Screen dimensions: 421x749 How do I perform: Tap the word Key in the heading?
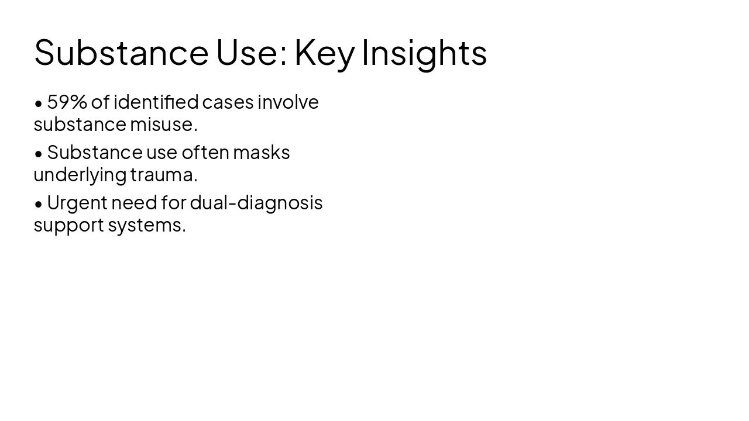pyautogui.click(x=324, y=52)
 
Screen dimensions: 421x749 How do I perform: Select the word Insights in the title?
pyautogui.click(x=424, y=52)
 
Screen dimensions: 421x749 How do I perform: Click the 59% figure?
pyautogui.click(x=67, y=102)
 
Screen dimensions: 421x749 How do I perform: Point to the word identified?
pyautogui.click(x=156, y=102)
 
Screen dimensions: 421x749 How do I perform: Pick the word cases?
pyautogui.click(x=228, y=102)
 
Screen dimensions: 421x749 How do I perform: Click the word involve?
pyautogui.click(x=288, y=102)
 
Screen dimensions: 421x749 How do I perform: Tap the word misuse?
pyautogui.click(x=163, y=124)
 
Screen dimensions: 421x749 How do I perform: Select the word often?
pyautogui.click(x=205, y=152)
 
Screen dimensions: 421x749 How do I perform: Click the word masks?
pyautogui.click(x=261, y=152)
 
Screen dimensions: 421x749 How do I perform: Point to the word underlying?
pyautogui.click(x=80, y=174)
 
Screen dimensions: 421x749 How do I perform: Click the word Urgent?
pyautogui.click(x=77, y=202)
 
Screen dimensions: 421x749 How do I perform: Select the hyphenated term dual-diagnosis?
pyautogui.click(x=256, y=202)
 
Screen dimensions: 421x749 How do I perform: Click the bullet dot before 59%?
pyautogui.click(x=39, y=103)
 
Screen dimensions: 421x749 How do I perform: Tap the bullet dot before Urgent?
pyautogui.click(x=39, y=204)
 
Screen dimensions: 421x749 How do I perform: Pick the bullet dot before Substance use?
pyautogui.click(x=39, y=154)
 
